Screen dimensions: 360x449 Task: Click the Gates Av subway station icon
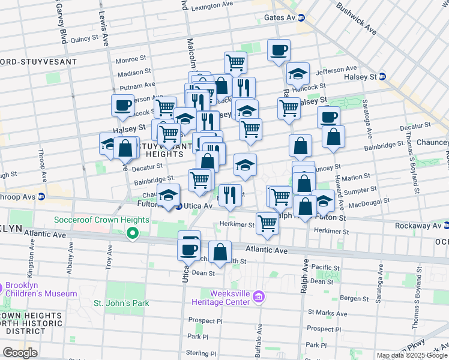point(303,18)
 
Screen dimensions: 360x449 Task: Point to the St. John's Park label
point(121,303)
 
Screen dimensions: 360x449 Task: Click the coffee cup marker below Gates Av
point(279,50)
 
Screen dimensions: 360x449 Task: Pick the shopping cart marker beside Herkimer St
point(267,223)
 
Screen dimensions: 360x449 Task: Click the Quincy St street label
point(84,39)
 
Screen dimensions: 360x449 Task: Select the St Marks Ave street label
point(324,313)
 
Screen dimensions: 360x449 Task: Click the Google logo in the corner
point(20,352)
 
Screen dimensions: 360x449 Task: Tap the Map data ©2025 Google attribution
point(412,355)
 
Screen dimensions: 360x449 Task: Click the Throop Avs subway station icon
point(41,196)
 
